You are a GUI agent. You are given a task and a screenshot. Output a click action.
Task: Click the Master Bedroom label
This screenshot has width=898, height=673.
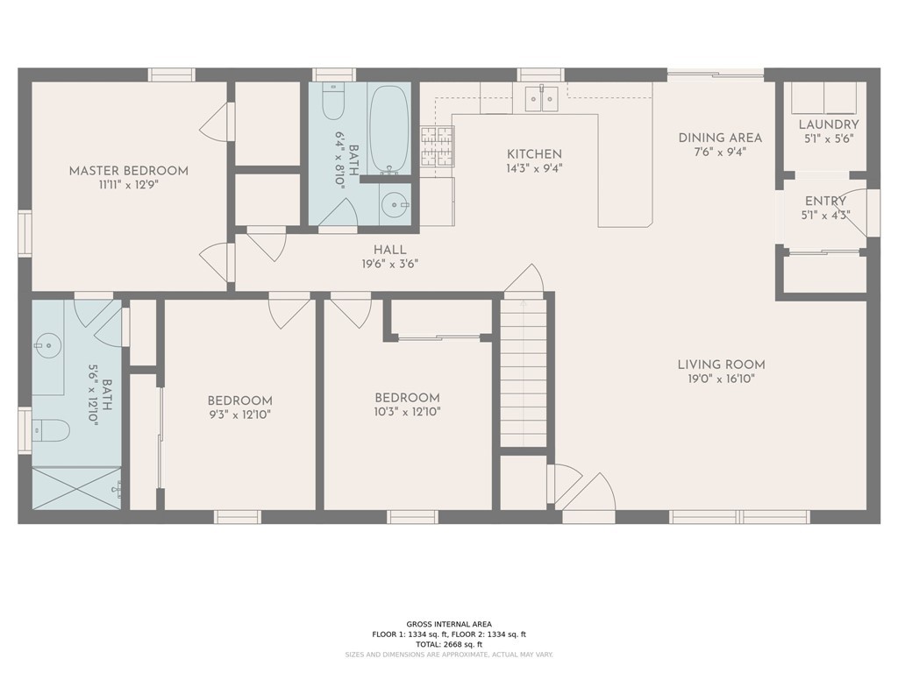(x=128, y=171)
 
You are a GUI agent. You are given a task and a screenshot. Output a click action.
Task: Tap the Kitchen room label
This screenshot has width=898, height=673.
(x=533, y=154)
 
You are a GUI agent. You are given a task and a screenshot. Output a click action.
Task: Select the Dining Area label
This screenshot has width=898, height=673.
(x=720, y=138)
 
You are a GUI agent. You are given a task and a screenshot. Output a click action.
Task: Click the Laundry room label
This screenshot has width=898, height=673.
(x=828, y=124)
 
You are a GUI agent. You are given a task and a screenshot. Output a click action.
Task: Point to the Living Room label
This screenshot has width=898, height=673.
(x=721, y=365)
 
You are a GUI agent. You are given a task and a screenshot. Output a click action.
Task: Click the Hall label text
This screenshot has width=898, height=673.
(x=389, y=250)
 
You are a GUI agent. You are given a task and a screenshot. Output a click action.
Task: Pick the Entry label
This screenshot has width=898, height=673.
(x=825, y=202)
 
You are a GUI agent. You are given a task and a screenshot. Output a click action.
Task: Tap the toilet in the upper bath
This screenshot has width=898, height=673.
(x=332, y=103)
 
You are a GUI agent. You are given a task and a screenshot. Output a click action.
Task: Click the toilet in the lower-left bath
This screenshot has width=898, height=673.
(x=53, y=429)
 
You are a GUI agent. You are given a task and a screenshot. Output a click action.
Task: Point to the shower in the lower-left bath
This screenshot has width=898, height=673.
(x=76, y=486)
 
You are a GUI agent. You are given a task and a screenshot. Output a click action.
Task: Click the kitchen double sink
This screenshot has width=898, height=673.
(x=541, y=99)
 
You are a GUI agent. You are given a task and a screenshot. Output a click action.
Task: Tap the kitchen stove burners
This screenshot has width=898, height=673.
(x=437, y=145)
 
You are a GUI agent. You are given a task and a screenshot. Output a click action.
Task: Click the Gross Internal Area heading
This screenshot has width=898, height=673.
(x=448, y=624)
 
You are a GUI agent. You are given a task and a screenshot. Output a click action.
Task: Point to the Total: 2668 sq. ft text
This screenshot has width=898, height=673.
(x=448, y=644)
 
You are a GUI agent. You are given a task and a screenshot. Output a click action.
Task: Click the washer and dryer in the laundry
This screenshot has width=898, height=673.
(x=824, y=97)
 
